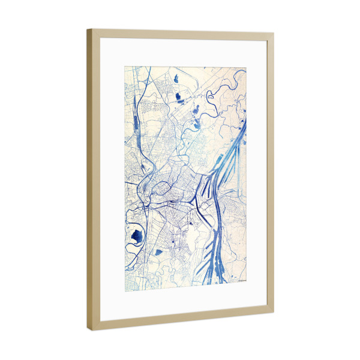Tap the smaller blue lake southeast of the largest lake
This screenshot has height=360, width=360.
pos(158,251)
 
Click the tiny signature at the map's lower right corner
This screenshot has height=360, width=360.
pos(238,280)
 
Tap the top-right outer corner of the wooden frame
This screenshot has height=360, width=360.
pos(274,34)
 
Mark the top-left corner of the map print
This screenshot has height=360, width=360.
pos(125,66)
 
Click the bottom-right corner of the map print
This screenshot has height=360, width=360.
pos(246,283)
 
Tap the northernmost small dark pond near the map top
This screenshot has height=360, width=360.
pos(177,78)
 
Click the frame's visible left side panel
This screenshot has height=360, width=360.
pos(91,180)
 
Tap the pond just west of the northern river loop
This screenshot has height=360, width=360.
pos(195,110)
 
